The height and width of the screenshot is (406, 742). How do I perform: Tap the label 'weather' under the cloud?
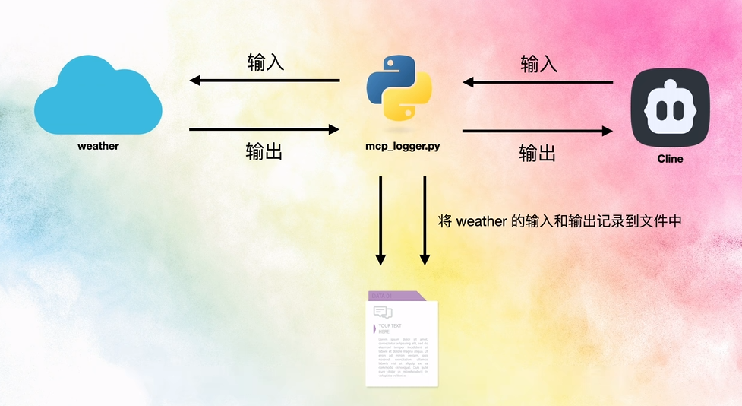[x=98, y=146]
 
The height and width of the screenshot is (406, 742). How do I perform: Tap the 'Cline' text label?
[x=670, y=159]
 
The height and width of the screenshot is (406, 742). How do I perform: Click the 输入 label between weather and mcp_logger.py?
[x=266, y=62]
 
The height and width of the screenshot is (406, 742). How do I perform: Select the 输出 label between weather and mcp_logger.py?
[x=264, y=151]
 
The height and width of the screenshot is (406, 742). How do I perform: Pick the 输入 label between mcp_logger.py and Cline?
[x=538, y=64]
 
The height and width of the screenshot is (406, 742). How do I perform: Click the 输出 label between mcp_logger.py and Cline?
[x=538, y=153]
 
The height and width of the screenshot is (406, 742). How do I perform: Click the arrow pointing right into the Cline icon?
[x=537, y=131]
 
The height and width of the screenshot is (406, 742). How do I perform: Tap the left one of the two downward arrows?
[x=380, y=220]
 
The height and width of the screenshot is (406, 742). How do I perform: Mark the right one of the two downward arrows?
[x=425, y=220]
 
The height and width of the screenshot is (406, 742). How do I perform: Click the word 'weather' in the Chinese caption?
[x=481, y=222]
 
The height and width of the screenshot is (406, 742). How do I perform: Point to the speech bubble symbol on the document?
[x=383, y=312]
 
